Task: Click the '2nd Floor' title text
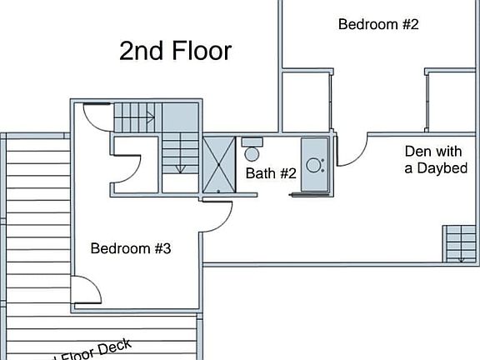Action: click(x=175, y=52)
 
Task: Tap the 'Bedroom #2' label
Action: click(x=377, y=24)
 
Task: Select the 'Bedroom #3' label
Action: click(x=131, y=248)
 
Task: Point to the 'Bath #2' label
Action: click(x=271, y=173)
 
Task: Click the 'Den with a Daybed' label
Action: click(x=435, y=160)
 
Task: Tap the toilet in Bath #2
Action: click(x=252, y=151)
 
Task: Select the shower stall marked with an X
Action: click(x=219, y=164)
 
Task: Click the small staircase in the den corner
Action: click(x=460, y=243)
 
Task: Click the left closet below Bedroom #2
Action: click(x=306, y=102)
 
